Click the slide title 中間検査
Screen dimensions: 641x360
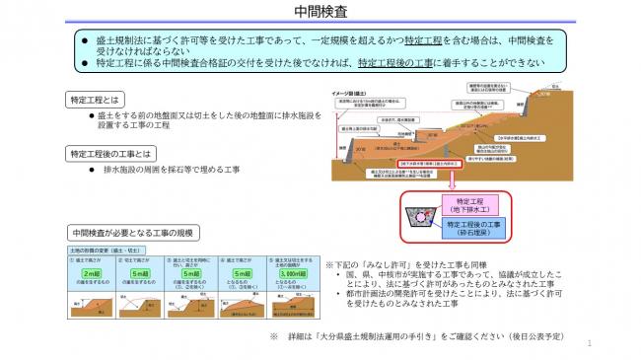[x=320, y=12]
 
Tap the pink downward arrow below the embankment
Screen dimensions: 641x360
[x=450, y=182]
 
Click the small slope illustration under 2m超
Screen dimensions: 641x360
[x=91, y=300]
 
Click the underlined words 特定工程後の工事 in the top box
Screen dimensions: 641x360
[x=389, y=60]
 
